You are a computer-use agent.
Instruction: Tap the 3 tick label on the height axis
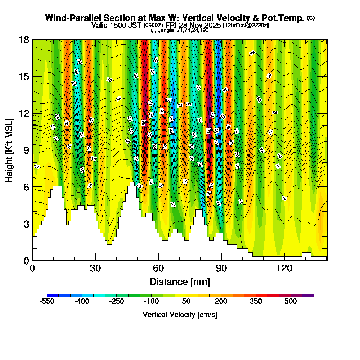click(26, 224)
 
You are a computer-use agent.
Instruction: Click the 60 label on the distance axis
click(158, 268)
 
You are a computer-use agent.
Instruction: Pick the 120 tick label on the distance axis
click(284, 268)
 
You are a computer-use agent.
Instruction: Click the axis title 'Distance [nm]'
click(180, 281)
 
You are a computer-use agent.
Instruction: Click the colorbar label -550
click(46, 302)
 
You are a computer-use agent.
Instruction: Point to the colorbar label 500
click(291, 302)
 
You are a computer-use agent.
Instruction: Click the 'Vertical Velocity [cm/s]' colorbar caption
click(180, 315)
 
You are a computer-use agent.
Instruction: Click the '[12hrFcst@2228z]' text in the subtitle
click(246, 26)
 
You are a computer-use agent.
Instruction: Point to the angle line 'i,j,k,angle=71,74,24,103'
click(180, 30)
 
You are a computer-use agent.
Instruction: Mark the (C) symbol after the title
click(311, 18)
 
